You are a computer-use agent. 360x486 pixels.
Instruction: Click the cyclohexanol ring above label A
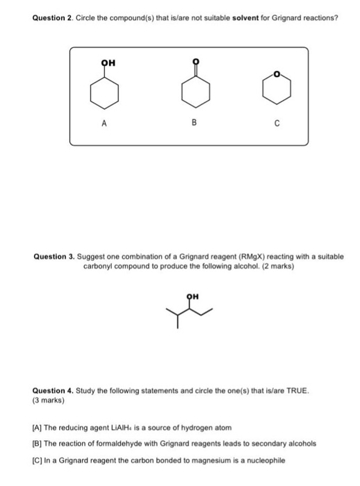[x=104, y=94]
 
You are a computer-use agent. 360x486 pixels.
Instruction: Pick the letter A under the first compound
[x=104, y=125]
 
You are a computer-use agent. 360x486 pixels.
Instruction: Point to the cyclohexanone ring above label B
[x=195, y=95]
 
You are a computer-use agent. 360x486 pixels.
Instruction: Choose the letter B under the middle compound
[x=195, y=125]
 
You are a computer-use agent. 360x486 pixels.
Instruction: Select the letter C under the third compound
[x=277, y=125]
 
